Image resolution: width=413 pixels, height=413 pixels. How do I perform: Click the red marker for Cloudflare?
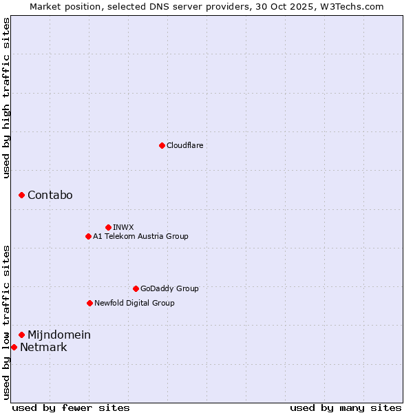point(162,145)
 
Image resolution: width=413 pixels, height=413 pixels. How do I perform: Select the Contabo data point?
point(21,195)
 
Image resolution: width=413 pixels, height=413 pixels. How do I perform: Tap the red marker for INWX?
point(108,227)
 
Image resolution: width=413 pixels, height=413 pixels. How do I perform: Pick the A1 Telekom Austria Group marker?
point(88,236)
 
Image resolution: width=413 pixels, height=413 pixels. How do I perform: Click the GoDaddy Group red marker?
point(136,288)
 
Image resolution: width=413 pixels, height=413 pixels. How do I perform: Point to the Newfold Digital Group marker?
point(89,303)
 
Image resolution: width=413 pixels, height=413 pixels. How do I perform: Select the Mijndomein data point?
point(21,335)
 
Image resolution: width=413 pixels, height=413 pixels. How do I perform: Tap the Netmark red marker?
point(14,347)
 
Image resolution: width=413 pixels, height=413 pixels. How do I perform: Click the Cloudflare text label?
point(185,145)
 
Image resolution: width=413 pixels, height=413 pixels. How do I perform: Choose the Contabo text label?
point(50,195)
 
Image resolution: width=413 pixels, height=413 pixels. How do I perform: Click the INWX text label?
point(123,227)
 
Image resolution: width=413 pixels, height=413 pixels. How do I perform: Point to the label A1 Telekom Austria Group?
point(140,236)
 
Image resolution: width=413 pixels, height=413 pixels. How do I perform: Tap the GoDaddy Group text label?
point(169,288)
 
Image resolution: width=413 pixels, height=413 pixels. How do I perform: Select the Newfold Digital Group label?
point(134,303)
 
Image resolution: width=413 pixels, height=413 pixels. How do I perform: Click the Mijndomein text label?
point(59,335)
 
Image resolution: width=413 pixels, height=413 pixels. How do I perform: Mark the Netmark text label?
point(43,347)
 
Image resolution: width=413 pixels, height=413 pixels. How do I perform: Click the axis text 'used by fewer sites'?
point(71,407)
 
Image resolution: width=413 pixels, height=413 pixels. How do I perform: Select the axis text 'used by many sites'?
point(346,407)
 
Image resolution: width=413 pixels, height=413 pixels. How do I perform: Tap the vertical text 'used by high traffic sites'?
point(6,98)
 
